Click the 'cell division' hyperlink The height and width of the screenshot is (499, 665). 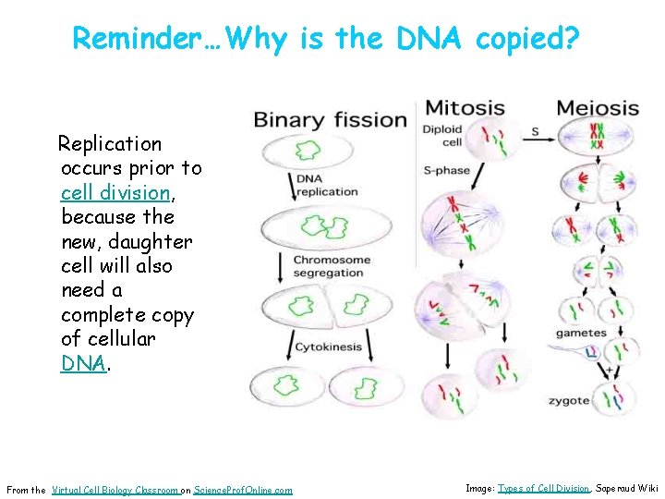tap(115, 193)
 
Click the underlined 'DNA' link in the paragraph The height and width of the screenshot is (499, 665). tap(83, 363)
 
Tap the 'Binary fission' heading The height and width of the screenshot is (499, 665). tap(330, 119)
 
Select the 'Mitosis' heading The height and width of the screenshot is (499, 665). tap(464, 107)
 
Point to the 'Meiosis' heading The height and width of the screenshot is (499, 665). tap(597, 108)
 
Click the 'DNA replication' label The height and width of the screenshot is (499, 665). tap(326, 185)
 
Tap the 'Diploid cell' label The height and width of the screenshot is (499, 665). tap(441, 136)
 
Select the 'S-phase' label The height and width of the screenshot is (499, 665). tap(446, 170)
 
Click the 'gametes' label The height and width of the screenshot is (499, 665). tap(580, 333)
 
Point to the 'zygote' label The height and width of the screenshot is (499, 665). tap(568, 400)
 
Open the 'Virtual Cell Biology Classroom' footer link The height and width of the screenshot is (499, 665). tap(115, 490)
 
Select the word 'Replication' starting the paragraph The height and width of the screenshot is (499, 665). tap(110, 144)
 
